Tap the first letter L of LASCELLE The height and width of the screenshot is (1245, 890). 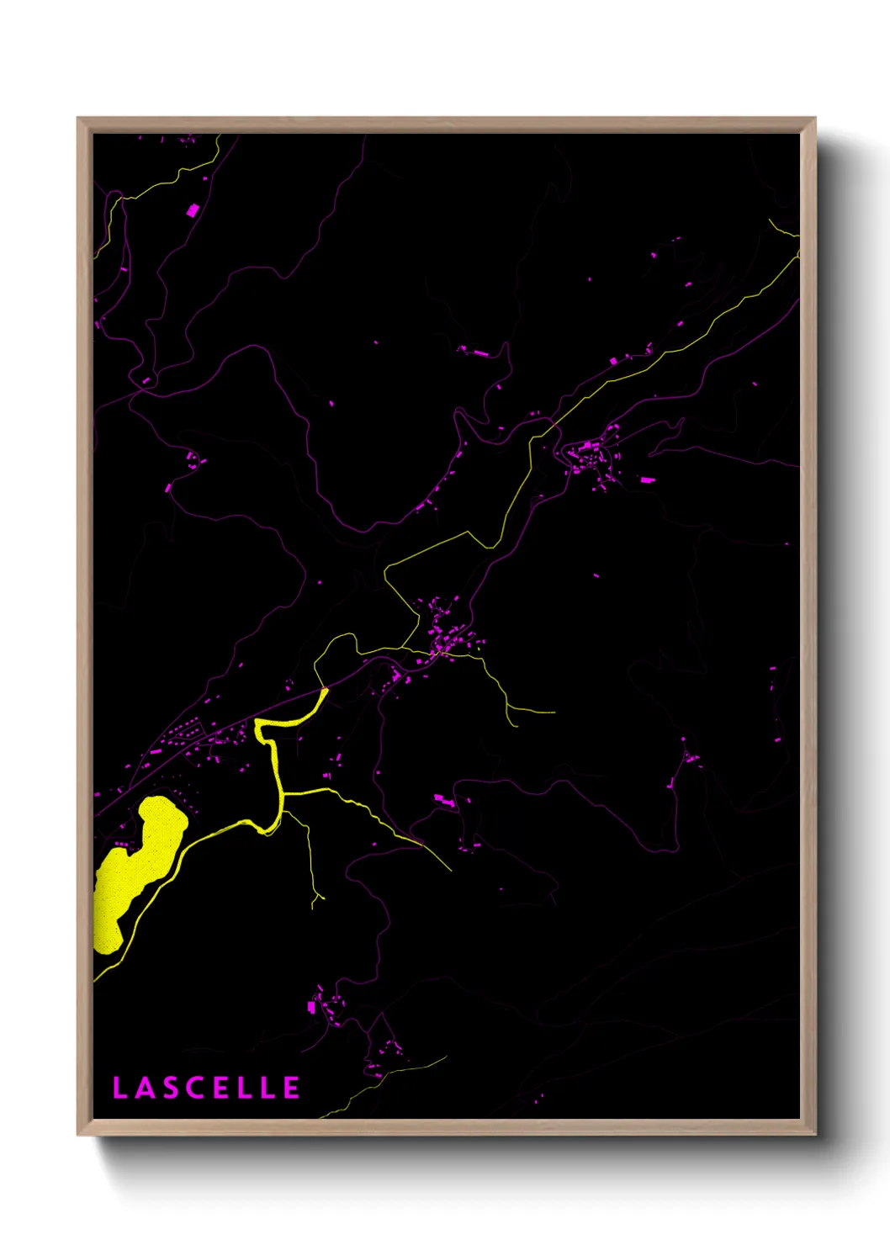119,1088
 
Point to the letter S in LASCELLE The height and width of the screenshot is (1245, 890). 169,1088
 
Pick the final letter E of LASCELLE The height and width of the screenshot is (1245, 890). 291,1088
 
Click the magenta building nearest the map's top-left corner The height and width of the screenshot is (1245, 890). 193,210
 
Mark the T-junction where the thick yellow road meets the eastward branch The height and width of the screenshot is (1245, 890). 282,792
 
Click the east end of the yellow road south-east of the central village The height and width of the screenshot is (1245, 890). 553,712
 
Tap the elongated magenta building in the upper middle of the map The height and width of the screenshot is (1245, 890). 478,353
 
